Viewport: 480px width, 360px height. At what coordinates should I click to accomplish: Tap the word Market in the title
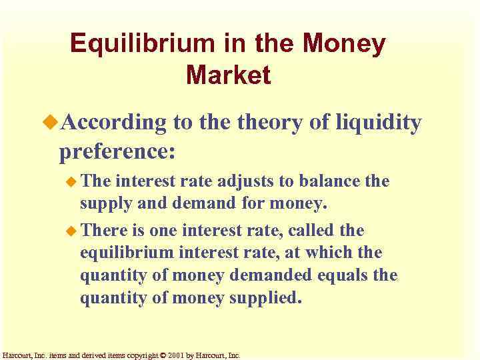[x=229, y=75]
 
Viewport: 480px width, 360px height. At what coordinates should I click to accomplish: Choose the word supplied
[x=265, y=297]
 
